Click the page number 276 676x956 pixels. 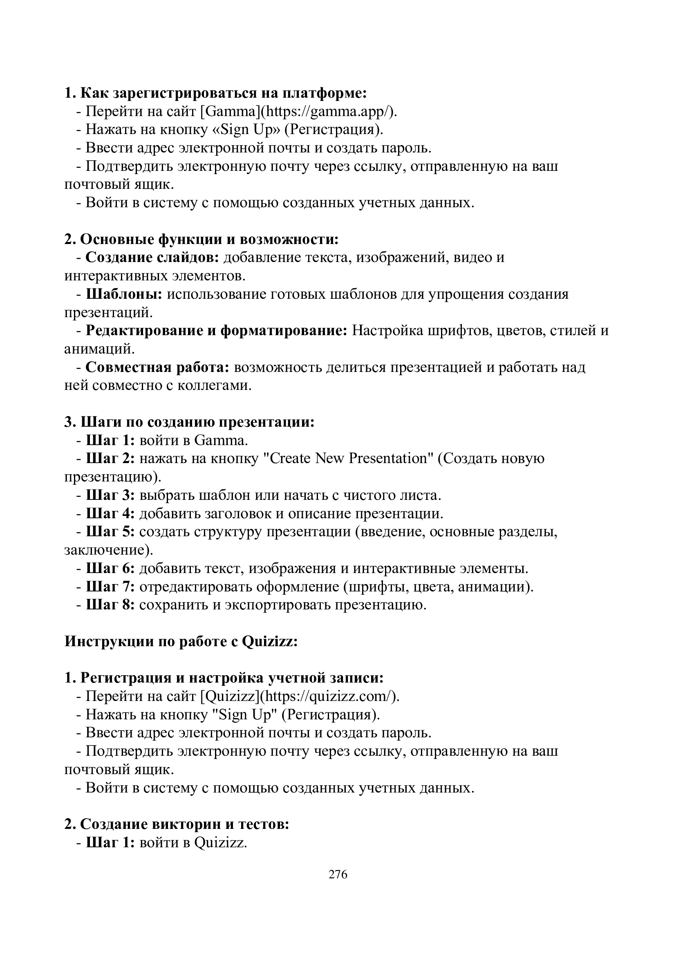[338, 874]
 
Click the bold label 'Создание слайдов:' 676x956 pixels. [152, 258]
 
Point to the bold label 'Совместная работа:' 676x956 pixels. [158, 368]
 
